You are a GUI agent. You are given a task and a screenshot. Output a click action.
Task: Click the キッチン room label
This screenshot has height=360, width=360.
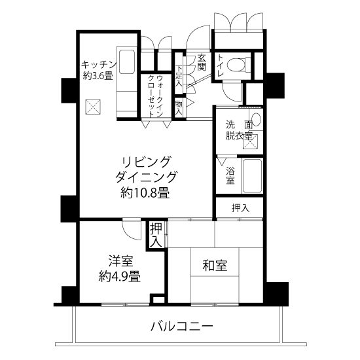pyautogui.click(x=99, y=65)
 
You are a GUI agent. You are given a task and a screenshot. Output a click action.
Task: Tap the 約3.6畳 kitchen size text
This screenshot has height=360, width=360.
pyautogui.click(x=98, y=76)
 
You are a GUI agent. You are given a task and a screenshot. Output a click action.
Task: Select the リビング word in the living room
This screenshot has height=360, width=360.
pyautogui.click(x=146, y=162)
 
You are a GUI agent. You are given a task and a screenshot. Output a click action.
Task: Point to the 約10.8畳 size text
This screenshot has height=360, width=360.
pyautogui.click(x=145, y=192)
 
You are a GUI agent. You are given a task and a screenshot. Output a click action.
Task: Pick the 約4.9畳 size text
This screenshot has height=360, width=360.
pyautogui.click(x=120, y=276)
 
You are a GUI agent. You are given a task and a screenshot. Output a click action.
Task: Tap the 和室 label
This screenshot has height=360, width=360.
pyautogui.click(x=215, y=265)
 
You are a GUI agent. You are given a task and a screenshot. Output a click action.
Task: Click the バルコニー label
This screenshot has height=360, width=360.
pyautogui.click(x=182, y=326)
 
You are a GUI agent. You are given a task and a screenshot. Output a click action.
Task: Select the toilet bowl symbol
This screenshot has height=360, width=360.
pyautogui.click(x=238, y=64)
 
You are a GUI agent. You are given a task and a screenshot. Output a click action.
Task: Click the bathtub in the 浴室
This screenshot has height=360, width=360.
pyautogui.click(x=252, y=176)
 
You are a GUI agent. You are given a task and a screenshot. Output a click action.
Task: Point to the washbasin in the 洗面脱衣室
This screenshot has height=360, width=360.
pyautogui.click(x=256, y=119)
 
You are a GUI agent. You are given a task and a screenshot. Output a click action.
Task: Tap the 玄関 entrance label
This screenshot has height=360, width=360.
pyautogui.click(x=202, y=62)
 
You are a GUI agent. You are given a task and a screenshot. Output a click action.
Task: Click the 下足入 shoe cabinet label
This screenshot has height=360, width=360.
pyautogui.click(x=179, y=76)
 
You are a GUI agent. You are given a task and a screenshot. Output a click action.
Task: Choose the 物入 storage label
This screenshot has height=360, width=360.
pyautogui.click(x=179, y=108)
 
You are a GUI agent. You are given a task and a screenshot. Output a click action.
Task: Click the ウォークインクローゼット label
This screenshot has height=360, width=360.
pyautogui.click(x=156, y=96)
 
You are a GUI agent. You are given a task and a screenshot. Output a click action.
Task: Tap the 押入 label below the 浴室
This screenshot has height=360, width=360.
pyautogui.click(x=240, y=207)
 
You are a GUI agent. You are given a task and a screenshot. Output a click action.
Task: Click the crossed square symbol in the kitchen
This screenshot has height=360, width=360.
pyautogui.click(x=93, y=107)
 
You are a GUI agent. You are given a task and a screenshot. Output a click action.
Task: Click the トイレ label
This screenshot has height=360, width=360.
pyautogui.click(x=220, y=65)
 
